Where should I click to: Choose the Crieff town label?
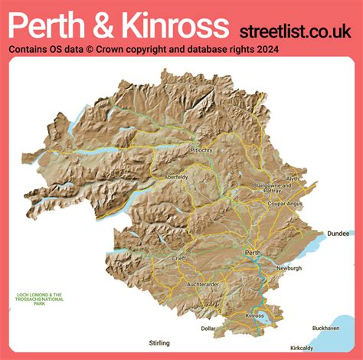(178, 259)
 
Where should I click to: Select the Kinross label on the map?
(254, 316)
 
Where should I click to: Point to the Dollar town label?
(208, 328)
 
